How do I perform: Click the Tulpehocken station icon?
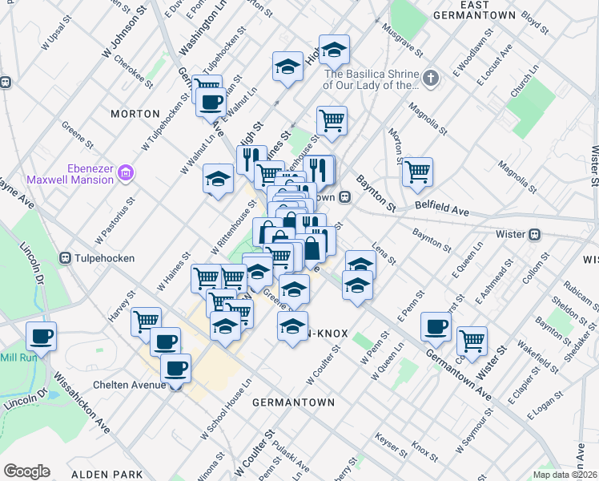pyautogui.click(x=66, y=258)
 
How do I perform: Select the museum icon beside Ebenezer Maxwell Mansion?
pyautogui.click(x=125, y=172)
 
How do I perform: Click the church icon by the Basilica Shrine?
pyautogui.click(x=431, y=79)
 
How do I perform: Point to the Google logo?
pyautogui.click(x=26, y=471)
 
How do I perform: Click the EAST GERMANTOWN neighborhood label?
pyautogui.click(x=476, y=10)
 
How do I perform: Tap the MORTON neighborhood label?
pyautogui.click(x=135, y=114)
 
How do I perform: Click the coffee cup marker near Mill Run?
pyautogui.click(x=41, y=336)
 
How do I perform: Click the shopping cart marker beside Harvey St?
pyautogui.click(x=145, y=321)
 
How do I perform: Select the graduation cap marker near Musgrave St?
pyautogui.click(x=334, y=50)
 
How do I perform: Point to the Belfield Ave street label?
pyautogui.click(x=441, y=208)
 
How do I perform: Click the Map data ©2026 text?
pyautogui.click(x=564, y=475)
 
